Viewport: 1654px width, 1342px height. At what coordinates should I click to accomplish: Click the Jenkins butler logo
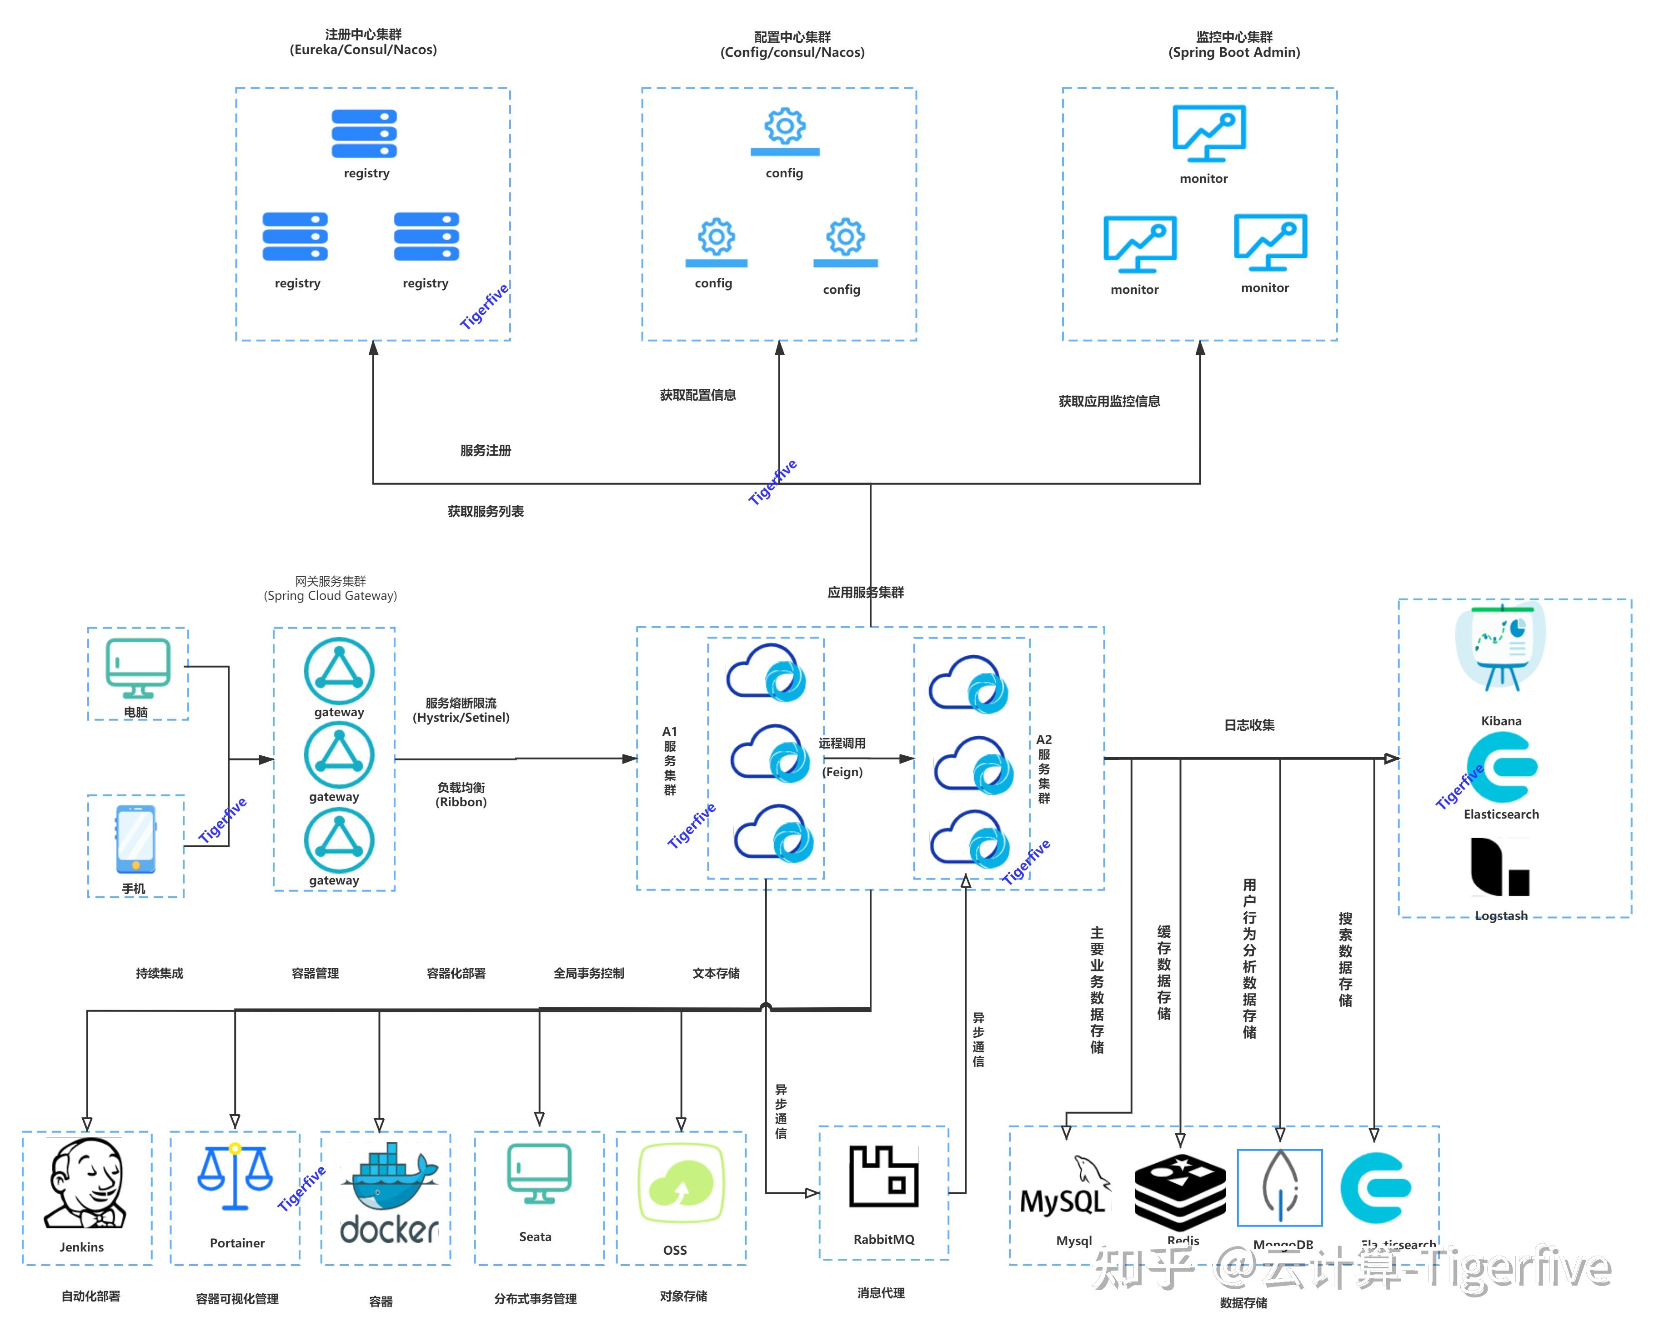click(x=86, y=1183)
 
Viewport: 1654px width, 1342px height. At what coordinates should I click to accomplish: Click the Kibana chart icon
click(x=1500, y=648)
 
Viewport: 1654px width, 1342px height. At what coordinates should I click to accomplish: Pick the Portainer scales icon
click(x=235, y=1176)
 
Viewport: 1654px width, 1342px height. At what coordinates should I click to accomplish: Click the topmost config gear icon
click(x=785, y=131)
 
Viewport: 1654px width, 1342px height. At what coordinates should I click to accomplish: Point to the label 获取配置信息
click(x=697, y=395)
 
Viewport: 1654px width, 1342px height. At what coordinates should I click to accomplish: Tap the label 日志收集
click(x=1249, y=725)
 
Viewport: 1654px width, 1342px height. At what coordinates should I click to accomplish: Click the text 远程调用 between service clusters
click(x=842, y=744)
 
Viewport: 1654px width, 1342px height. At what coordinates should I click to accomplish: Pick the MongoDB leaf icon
click(x=1280, y=1186)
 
